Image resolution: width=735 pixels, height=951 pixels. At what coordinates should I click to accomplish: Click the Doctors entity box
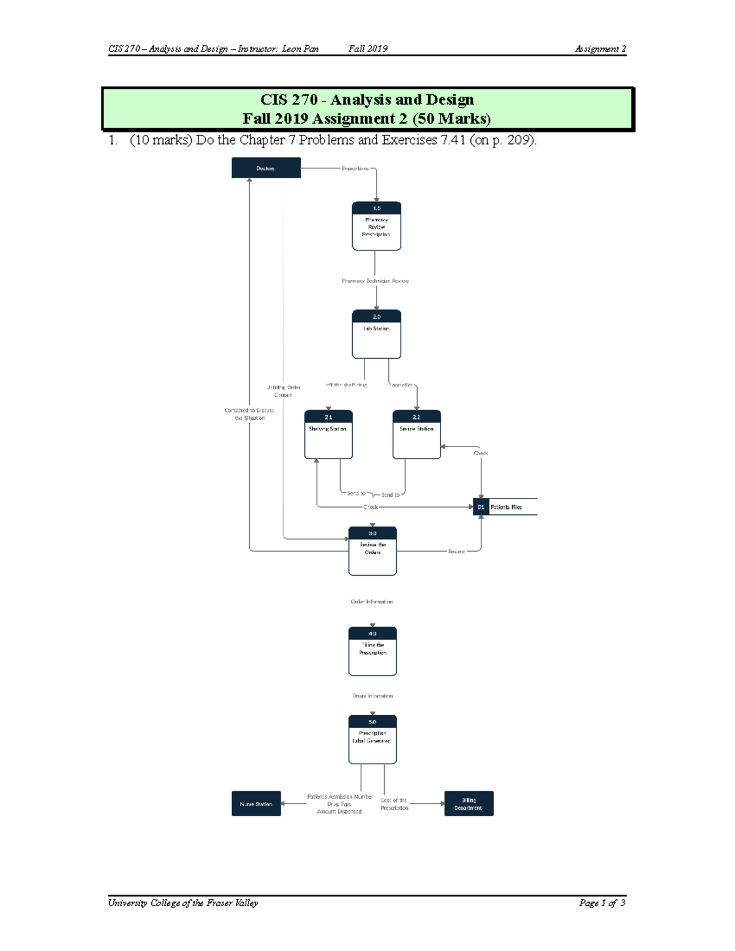pyautogui.click(x=266, y=168)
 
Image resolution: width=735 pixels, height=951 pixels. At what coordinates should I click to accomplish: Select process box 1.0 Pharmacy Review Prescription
pyautogui.click(x=376, y=226)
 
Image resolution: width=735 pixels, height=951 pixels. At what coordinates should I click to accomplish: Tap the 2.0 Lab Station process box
pyautogui.click(x=376, y=334)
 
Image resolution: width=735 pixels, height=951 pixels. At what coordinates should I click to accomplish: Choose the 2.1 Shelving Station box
pyautogui.click(x=328, y=434)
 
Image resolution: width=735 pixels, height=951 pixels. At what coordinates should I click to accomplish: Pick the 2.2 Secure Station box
pyautogui.click(x=417, y=434)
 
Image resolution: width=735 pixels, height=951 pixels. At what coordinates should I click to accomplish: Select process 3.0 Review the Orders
pyautogui.click(x=372, y=551)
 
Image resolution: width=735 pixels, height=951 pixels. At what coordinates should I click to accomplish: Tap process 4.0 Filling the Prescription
pyautogui.click(x=372, y=651)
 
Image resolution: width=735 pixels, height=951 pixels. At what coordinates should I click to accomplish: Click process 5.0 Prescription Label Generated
pyautogui.click(x=372, y=739)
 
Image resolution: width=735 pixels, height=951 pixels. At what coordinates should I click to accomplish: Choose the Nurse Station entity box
pyautogui.click(x=256, y=803)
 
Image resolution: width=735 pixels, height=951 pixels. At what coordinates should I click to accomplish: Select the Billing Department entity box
pyautogui.click(x=469, y=803)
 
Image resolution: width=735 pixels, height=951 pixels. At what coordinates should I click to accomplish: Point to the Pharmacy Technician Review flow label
pyautogui.click(x=375, y=281)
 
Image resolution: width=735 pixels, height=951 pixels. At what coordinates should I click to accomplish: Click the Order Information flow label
pyautogui.click(x=372, y=602)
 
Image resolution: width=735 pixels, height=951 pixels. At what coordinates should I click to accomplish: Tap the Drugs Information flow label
pyautogui.click(x=372, y=696)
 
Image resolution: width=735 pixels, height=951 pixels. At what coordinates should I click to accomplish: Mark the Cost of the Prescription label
pyautogui.click(x=394, y=804)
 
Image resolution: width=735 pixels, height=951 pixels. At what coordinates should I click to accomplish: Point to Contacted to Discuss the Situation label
pyautogui.click(x=249, y=415)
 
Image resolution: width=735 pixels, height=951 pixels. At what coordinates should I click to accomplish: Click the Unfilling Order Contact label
pyautogui.click(x=283, y=391)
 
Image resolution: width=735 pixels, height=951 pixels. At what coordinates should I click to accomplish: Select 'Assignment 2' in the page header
pyautogui.click(x=600, y=49)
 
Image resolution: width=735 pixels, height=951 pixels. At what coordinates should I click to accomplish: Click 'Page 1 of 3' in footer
pyautogui.click(x=602, y=903)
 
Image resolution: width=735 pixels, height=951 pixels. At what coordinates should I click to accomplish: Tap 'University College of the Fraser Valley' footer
pyautogui.click(x=183, y=903)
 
